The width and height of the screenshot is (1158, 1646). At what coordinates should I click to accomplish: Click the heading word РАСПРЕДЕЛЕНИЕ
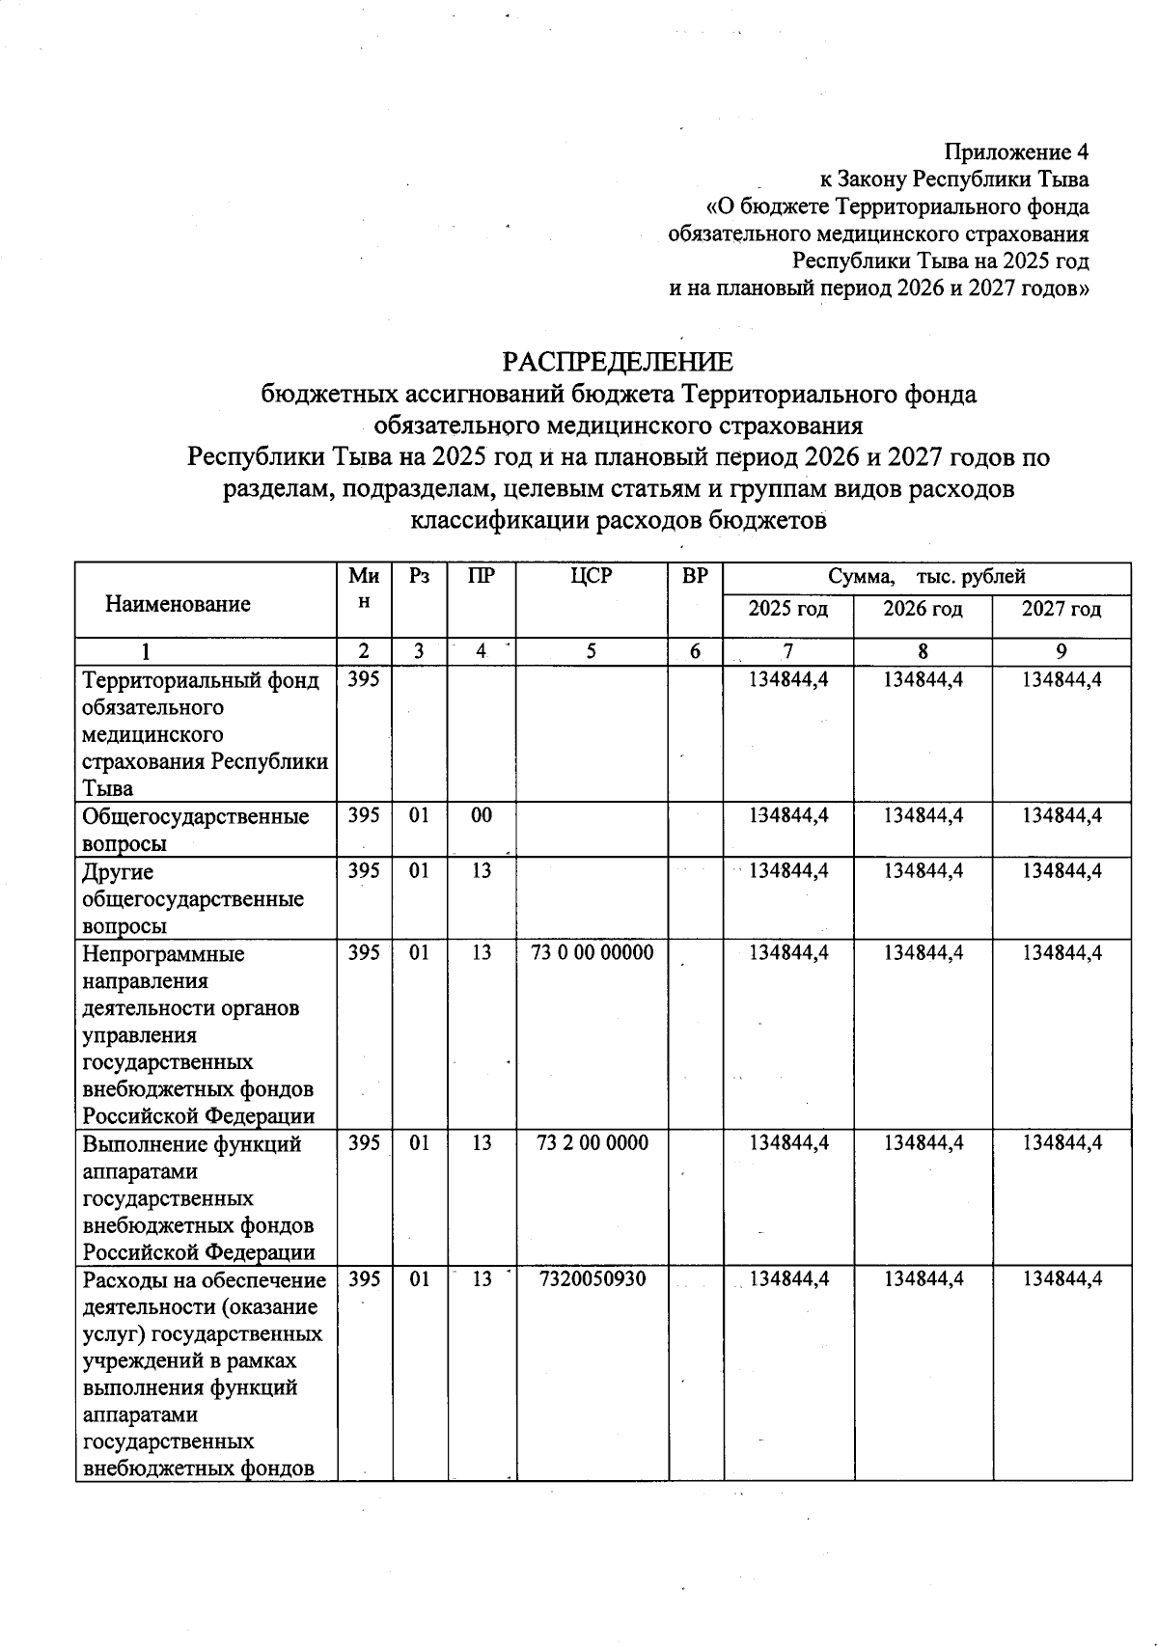[618, 362]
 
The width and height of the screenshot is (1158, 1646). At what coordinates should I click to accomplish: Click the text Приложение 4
[1016, 152]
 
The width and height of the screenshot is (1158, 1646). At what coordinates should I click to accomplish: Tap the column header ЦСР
[592, 577]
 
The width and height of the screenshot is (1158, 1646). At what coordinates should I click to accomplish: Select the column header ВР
[694, 577]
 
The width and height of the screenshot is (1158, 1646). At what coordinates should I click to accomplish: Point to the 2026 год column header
[923, 610]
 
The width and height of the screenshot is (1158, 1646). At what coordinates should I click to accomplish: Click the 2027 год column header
[1061, 610]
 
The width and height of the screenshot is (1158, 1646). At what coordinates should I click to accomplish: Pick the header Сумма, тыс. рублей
[926, 577]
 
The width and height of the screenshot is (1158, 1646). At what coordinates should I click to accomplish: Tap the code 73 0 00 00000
[592, 953]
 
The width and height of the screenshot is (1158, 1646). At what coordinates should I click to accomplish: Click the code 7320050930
[592, 1279]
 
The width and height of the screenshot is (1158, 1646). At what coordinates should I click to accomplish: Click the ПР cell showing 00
[481, 816]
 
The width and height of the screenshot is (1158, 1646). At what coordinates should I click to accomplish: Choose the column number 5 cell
[592, 651]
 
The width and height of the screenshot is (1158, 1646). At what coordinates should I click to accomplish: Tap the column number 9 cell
[1061, 651]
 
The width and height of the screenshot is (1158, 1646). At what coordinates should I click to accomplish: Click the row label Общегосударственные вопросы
[196, 830]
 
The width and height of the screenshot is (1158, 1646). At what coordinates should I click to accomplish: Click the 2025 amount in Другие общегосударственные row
[788, 871]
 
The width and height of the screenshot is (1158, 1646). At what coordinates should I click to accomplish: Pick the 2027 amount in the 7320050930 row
[1061, 1279]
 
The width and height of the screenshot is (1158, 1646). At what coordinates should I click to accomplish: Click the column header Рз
[419, 577]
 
